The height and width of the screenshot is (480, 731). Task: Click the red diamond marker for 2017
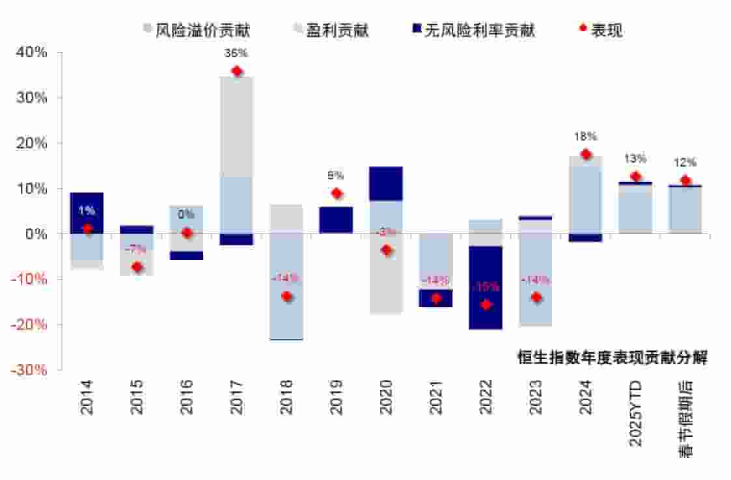click(236, 72)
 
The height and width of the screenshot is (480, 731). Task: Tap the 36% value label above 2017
click(236, 53)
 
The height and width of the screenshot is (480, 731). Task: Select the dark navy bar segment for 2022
click(486, 287)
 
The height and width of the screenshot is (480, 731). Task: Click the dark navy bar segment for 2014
click(87, 213)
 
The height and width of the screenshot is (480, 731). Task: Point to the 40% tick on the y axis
click(32, 52)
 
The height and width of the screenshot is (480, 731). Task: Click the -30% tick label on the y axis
click(31, 369)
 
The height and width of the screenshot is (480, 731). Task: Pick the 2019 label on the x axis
click(336, 397)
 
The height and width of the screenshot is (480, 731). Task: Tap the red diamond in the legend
click(583, 29)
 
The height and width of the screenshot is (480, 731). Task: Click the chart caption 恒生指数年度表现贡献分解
click(613, 357)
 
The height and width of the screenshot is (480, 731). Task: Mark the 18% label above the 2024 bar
click(586, 137)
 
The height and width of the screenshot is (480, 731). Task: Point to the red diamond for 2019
click(337, 193)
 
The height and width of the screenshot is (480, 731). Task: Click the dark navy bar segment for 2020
click(386, 183)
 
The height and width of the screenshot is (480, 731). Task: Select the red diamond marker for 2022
click(486, 304)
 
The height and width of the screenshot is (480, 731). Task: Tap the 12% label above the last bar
click(685, 163)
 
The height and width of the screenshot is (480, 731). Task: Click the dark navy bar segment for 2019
click(336, 220)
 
